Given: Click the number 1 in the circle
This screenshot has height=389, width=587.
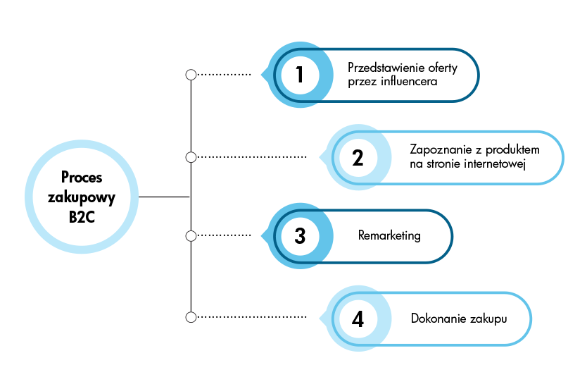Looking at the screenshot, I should [300, 74].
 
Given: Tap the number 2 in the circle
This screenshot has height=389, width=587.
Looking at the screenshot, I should [358, 157].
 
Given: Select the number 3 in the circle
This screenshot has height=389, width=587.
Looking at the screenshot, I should [300, 235].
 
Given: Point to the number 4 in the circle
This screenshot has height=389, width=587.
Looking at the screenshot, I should [358, 319].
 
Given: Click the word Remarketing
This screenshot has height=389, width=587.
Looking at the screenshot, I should [389, 235].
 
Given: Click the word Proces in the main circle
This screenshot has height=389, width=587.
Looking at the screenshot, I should [82, 177].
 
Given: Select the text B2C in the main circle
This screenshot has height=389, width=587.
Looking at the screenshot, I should [82, 216].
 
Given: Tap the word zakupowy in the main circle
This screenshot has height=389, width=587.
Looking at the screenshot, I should [82, 197].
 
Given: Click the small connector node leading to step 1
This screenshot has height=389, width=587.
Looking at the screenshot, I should [190, 74].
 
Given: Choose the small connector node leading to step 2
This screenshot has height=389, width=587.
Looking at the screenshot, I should [190, 156].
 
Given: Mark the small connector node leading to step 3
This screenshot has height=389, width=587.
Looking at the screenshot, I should [190, 235].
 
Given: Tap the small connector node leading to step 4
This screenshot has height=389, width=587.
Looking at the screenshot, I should [190, 317].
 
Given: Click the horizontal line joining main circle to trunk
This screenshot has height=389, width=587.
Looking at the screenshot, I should [164, 196].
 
